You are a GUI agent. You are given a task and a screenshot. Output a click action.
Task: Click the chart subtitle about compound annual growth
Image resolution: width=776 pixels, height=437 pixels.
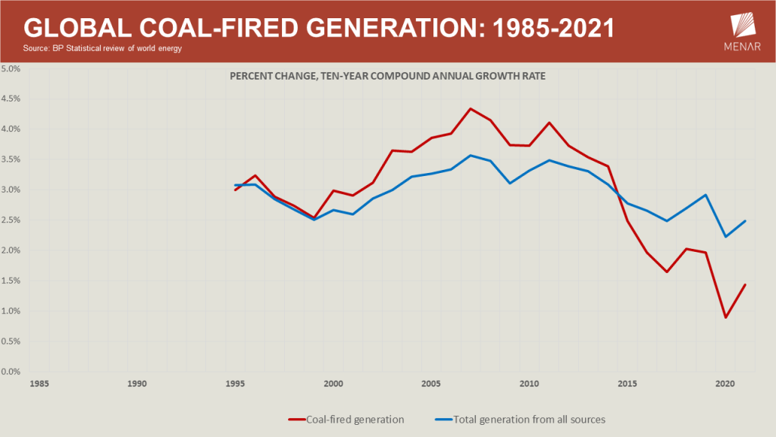point(388,76)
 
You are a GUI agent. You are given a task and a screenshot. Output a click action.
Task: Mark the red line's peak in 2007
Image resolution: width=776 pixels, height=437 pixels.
point(470,108)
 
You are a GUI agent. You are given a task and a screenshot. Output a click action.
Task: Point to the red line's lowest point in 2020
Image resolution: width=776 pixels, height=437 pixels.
point(725,317)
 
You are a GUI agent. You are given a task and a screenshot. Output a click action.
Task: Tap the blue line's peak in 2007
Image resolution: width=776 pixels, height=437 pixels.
point(470,156)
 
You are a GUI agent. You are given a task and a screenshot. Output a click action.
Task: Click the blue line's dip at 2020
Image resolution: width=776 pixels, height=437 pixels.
point(725,237)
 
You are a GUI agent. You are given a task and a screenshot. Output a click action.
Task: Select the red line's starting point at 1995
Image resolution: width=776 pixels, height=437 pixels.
point(235,190)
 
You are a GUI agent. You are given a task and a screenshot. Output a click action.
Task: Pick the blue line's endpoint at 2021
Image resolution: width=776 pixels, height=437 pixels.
point(746,221)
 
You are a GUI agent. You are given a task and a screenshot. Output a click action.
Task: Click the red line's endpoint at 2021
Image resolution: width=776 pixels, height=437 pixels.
point(746,285)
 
